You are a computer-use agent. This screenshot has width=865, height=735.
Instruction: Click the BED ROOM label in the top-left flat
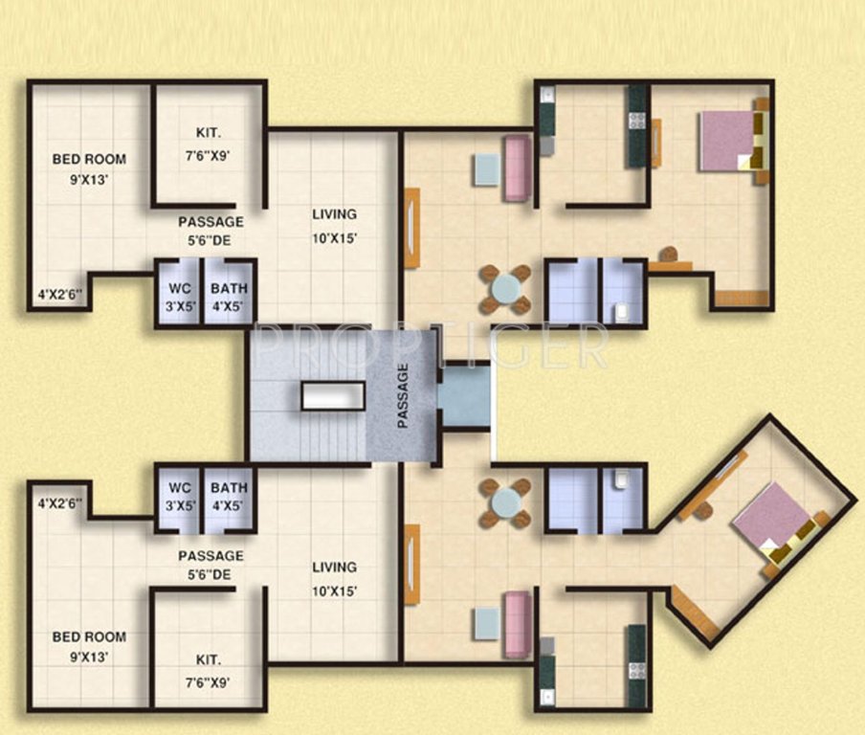tap(89, 160)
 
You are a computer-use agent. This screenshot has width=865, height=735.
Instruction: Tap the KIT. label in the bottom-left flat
tap(208, 660)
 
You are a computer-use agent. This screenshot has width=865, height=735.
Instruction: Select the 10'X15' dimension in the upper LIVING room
tap(334, 238)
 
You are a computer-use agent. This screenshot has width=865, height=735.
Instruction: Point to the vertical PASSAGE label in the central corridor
tap(403, 394)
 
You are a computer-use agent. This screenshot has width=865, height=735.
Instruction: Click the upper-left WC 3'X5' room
tap(179, 297)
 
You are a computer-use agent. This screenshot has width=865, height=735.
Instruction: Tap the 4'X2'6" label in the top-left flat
tap(60, 295)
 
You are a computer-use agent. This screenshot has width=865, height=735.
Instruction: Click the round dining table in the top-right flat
tap(505, 288)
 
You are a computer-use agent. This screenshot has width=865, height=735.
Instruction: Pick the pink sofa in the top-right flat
tap(518, 168)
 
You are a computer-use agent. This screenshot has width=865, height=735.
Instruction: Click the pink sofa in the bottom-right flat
tap(518, 624)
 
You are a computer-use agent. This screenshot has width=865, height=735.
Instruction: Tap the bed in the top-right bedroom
tap(730, 141)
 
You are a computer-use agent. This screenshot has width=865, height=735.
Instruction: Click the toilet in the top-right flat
tap(623, 310)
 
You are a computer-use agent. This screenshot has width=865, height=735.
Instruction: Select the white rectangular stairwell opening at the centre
tap(332, 396)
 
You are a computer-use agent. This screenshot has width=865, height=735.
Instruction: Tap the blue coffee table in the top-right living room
tap(486, 169)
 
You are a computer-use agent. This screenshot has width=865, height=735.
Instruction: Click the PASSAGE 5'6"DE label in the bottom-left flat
tap(211, 565)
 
